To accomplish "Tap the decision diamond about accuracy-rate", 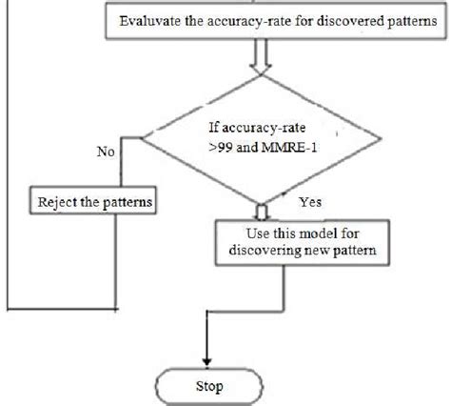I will pyautogui.click(x=260, y=144).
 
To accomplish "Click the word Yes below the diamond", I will pyautogui.click(x=310, y=202).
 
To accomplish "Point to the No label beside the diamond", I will pyautogui.click(x=107, y=151).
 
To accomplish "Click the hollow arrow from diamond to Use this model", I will pyautogui.click(x=262, y=211).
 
